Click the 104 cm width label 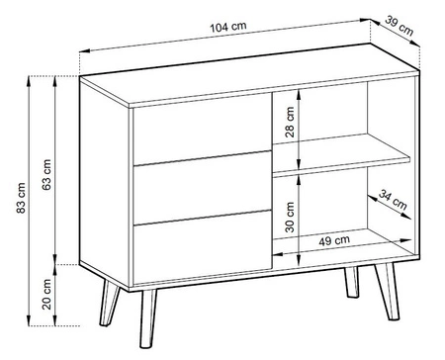click(228, 27)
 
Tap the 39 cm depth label click(400, 26)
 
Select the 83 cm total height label click(21, 198)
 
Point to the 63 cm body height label click(47, 174)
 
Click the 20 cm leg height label click(47, 295)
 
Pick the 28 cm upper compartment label click(290, 122)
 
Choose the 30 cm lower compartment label click(290, 218)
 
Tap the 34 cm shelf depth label click(393, 200)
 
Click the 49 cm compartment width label click(334, 240)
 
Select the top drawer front click(203, 129)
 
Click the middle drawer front click(203, 188)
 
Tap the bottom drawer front click(203, 247)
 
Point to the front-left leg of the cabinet click(148, 318)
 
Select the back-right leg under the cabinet click(352, 282)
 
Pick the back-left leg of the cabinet click(109, 303)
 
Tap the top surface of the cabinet click(249, 75)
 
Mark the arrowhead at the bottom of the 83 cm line click(29, 320)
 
